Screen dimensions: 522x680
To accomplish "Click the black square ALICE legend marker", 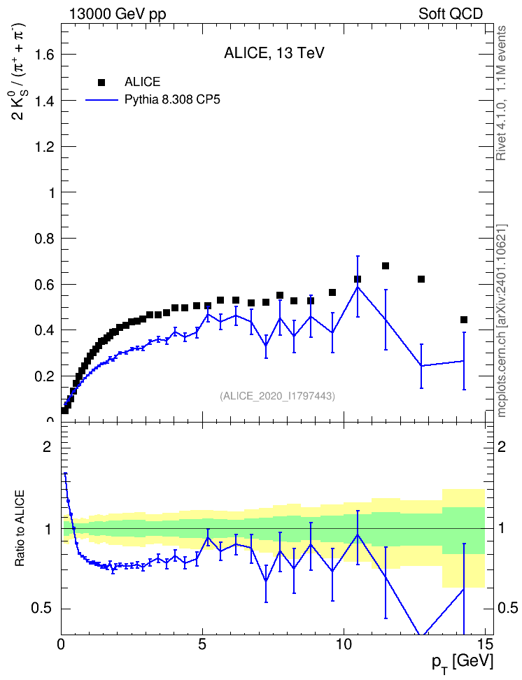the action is [x=102, y=82].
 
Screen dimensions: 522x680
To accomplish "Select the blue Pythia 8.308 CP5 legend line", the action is [x=102, y=100].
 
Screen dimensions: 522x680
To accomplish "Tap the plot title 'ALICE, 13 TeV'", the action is [x=274, y=53].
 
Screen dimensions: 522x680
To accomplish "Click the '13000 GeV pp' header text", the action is [x=118, y=14].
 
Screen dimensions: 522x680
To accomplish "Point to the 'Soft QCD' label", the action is [x=451, y=14].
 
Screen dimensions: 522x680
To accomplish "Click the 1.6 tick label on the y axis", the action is [x=45, y=55].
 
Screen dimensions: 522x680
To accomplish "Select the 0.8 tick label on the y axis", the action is [x=45, y=239].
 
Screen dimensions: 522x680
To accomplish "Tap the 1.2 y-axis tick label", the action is [x=45, y=147].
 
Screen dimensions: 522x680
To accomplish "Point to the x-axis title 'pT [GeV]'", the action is [x=463, y=663].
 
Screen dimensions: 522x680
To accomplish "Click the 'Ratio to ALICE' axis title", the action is [x=20, y=528].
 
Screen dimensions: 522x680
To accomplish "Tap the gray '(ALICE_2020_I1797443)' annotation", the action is [x=277, y=396].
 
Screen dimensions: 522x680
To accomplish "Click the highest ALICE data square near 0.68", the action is [x=386, y=266].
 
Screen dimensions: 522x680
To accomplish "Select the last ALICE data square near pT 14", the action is [x=464, y=320].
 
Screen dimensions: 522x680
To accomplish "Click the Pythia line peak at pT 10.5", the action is [x=358, y=287].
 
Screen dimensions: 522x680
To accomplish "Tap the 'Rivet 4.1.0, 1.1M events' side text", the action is [x=501, y=93].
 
